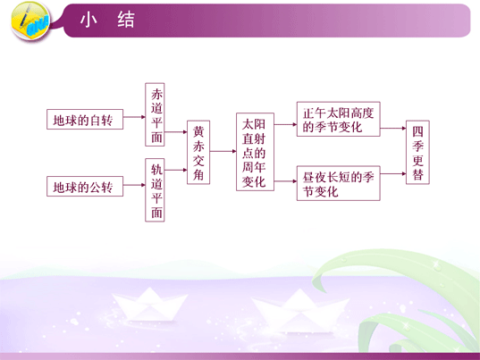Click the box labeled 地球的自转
pyautogui.click(x=85, y=120)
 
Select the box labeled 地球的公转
pyautogui.click(x=85, y=187)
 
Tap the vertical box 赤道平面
pyautogui.click(x=155, y=114)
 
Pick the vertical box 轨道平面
pyautogui.click(x=155, y=190)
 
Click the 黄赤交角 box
pyautogui.click(x=198, y=153)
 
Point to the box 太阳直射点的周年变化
pyautogui.click(x=255, y=152)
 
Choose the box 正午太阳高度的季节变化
pyautogui.click(x=339, y=119)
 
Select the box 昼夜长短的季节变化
pyautogui.click(x=339, y=183)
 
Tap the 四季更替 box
pyautogui.click(x=417, y=153)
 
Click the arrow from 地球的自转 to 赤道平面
pyautogui.click(x=134, y=117)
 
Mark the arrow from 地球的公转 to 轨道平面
pyautogui.click(x=134, y=185)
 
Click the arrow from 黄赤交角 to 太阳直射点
pyautogui.click(x=223, y=151)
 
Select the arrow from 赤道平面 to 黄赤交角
pyautogui.click(x=176, y=132)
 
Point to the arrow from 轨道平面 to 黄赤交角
pyautogui.click(x=176, y=170)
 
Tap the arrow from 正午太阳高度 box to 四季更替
pyautogui.click(x=393, y=128)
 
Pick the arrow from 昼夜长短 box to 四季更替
pyautogui.click(x=393, y=173)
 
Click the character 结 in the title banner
pyautogui.click(x=126, y=20)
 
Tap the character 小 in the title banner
pyautogui.click(x=88, y=20)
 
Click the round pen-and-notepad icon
pyautogui.click(x=30, y=21)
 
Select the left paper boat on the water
pyautogui.click(x=149, y=305)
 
